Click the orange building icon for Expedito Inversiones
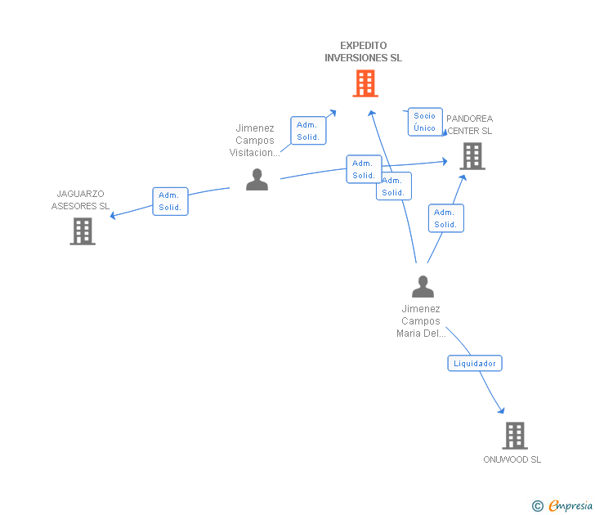[365, 83]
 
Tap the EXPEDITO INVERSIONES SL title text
[363, 51]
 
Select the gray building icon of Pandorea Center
[472, 155]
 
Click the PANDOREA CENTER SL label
[470, 124]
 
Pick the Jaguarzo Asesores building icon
[83, 231]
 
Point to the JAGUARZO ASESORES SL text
[80, 199]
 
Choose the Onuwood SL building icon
[515, 436]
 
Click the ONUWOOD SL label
[512, 459]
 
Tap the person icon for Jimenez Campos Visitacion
[257, 179]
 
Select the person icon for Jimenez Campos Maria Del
[423, 286]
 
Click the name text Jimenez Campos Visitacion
[255, 140]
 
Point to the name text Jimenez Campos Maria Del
[421, 321]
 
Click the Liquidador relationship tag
[475, 363]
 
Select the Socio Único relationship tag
[425, 122]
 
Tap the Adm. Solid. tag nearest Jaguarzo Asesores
[170, 201]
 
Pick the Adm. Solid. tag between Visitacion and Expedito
[308, 131]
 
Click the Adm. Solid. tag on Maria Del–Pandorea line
[445, 218]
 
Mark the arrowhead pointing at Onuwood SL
[501, 411]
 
